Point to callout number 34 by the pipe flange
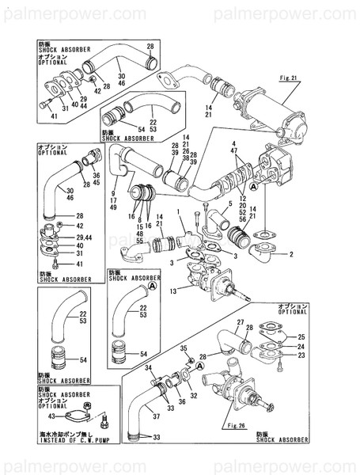(148, 367)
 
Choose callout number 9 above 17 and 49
(114, 192)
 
